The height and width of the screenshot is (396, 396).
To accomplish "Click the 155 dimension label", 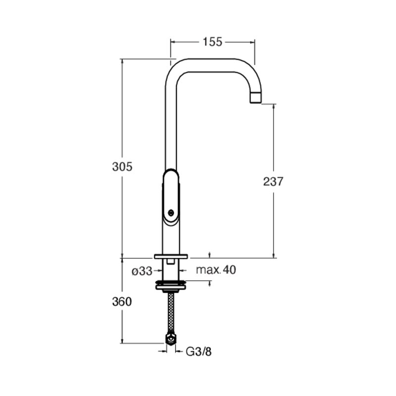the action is click(212, 42).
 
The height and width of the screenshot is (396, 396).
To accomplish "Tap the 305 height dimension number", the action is click(122, 167).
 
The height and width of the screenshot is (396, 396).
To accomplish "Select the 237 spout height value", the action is click(273, 181).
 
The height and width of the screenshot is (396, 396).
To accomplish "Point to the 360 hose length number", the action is click(122, 301).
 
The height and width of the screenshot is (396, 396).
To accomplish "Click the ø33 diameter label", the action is click(142, 271).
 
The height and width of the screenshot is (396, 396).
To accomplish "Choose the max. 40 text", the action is click(216, 270).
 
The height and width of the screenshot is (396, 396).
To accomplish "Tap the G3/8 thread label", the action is click(199, 351).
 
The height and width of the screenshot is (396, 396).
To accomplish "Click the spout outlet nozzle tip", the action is click(255, 98).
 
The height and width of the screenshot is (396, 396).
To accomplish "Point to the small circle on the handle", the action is click(171, 212).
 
